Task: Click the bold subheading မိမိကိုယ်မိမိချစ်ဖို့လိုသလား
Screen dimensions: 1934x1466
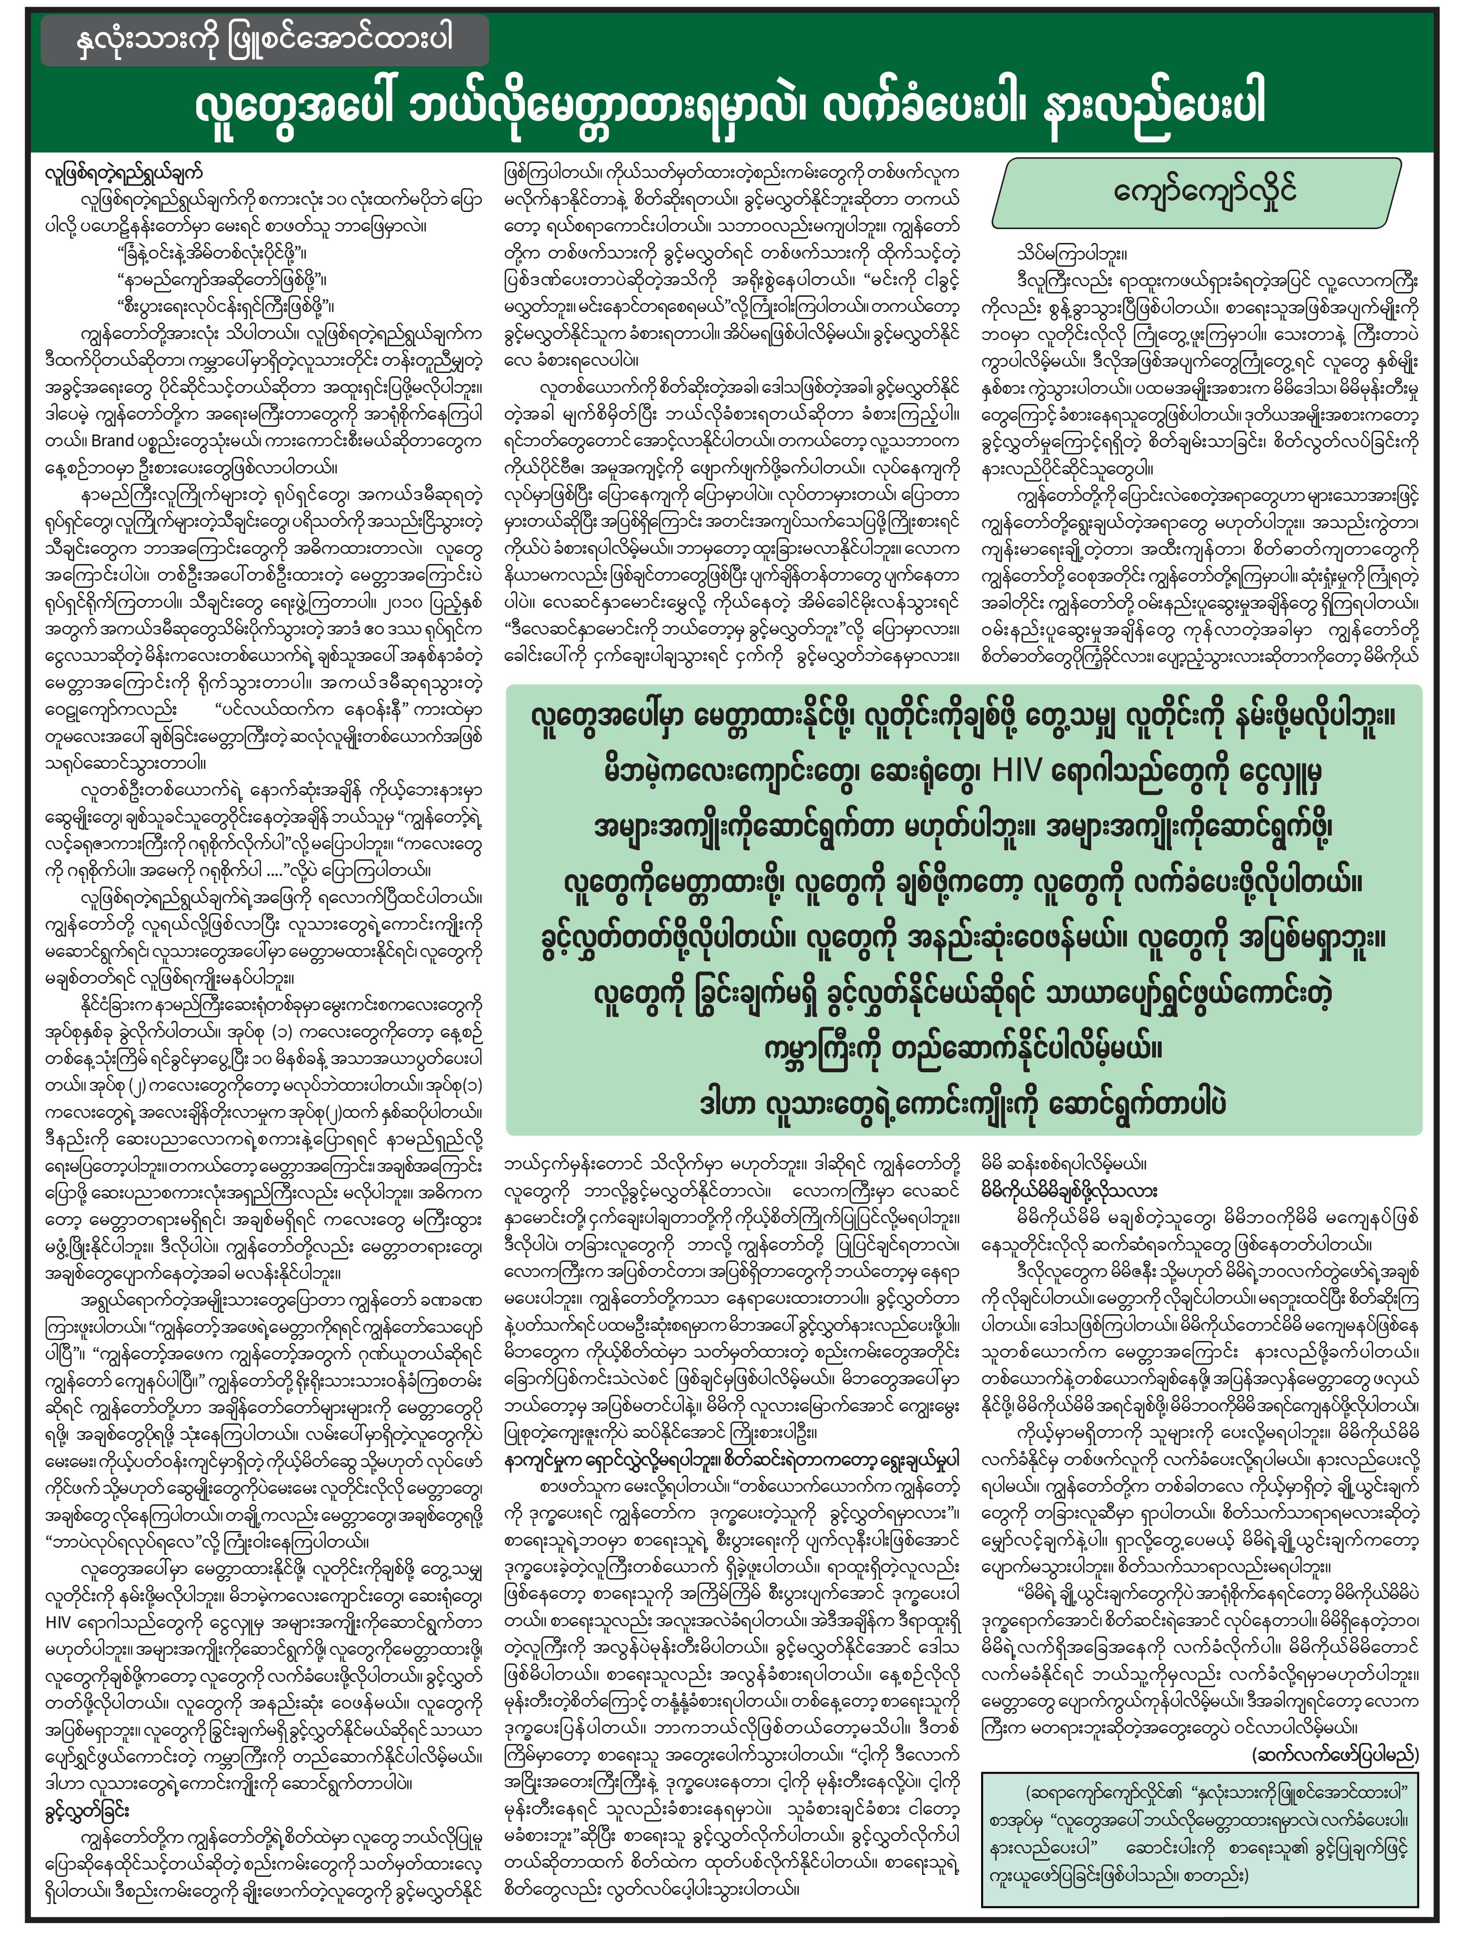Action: coord(1071,1190)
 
